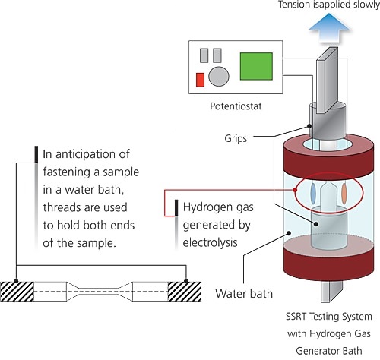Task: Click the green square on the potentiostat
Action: tap(256, 66)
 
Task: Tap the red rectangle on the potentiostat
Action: tap(200, 80)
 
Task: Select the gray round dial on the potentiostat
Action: tap(219, 77)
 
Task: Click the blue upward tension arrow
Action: tap(329, 28)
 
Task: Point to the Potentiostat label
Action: tap(236, 106)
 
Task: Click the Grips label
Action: tap(236, 138)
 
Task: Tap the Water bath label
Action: tap(244, 294)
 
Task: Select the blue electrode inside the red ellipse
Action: tap(313, 193)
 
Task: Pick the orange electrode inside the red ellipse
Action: tap(344, 194)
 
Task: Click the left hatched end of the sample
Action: tap(17, 292)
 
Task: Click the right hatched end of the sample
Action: tap(185, 292)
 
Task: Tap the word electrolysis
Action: tap(210, 242)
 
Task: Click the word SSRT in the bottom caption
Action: tap(296, 317)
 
